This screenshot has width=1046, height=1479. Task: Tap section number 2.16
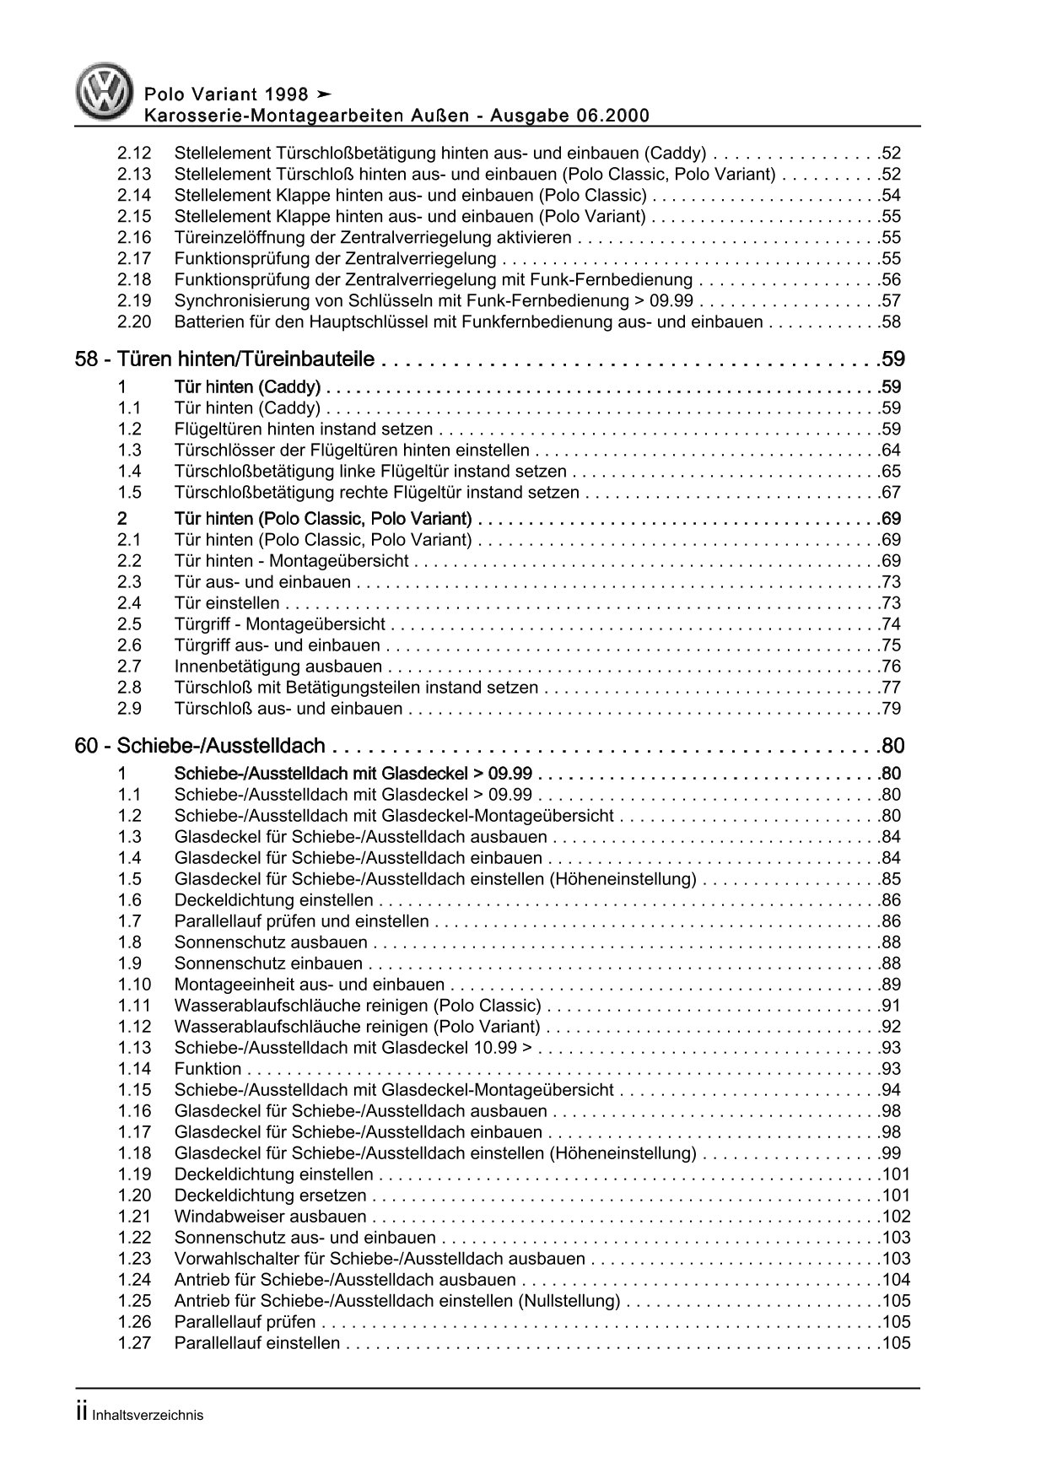[134, 238]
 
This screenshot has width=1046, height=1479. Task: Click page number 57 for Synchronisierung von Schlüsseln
[890, 301]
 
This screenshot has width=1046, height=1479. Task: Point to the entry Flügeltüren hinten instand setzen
[303, 429]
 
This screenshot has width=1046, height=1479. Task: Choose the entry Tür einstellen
[226, 603]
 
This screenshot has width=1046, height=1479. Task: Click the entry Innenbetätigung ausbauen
[278, 667]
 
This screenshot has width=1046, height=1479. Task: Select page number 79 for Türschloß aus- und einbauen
[890, 709]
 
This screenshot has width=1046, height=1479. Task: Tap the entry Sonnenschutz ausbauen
[271, 942]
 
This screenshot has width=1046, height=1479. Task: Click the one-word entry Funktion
[208, 1069]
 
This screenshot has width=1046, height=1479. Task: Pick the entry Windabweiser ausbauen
[270, 1217]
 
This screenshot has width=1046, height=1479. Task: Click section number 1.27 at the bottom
[134, 1343]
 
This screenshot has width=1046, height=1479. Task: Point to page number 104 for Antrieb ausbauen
[895, 1280]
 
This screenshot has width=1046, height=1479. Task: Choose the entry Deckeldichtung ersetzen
[270, 1196]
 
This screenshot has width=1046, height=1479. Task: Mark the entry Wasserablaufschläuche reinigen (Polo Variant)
[357, 1027]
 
